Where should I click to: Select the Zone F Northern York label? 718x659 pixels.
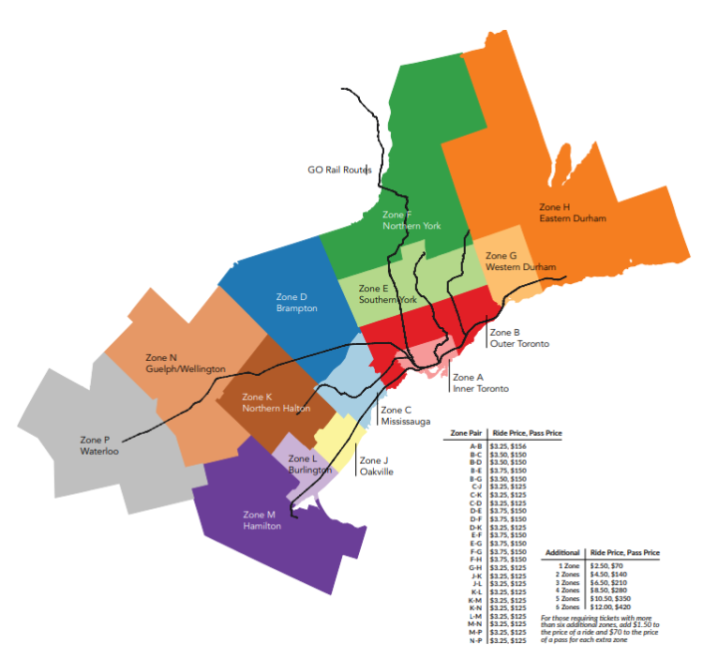pyautogui.click(x=411, y=220)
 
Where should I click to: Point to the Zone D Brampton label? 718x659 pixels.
pyautogui.click(x=296, y=302)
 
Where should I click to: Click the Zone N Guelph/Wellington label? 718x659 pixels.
pyautogui.click(x=185, y=363)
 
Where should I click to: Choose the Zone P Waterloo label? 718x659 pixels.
pyautogui.click(x=99, y=446)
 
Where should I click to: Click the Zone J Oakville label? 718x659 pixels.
pyautogui.click(x=375, y=466)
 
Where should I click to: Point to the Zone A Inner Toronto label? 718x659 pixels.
pyautogui.click(x=480, y=383)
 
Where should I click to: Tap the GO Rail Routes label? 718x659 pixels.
pyautogui.click(x=339, y=170)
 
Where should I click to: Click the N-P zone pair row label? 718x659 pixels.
pyautogui.click(x=476, y=639)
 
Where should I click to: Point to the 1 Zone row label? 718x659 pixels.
pyautogui.click(x=569, y=565)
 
